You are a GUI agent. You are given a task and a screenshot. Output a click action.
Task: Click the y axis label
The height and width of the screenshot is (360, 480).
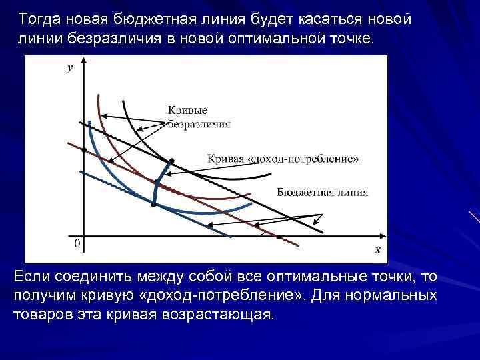(x=70, y=68)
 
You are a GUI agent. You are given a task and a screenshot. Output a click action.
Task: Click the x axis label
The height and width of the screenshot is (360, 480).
(x=377, y=249)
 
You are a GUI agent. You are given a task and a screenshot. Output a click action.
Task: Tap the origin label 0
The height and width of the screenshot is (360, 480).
(x=77, y=243)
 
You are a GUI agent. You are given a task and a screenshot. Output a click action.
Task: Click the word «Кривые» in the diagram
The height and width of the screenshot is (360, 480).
(x=187, y=110)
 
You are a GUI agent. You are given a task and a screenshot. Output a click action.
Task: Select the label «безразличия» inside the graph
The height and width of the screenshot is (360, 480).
(x=199, y=123)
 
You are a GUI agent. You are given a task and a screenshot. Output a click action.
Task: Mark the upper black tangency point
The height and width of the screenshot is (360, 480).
(x=172, y=161)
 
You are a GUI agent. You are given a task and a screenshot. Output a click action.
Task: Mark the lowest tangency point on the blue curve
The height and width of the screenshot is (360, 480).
(x=153, y=205)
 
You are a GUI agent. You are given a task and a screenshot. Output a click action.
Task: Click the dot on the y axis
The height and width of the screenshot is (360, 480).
(x=84, y=150)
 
